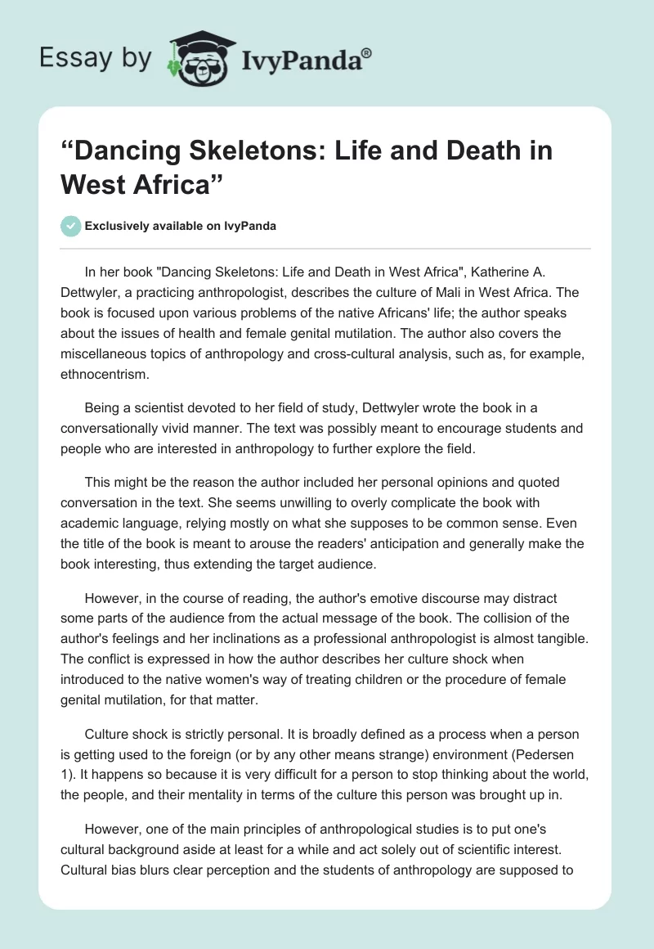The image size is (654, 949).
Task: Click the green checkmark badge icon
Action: pos(71,226)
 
